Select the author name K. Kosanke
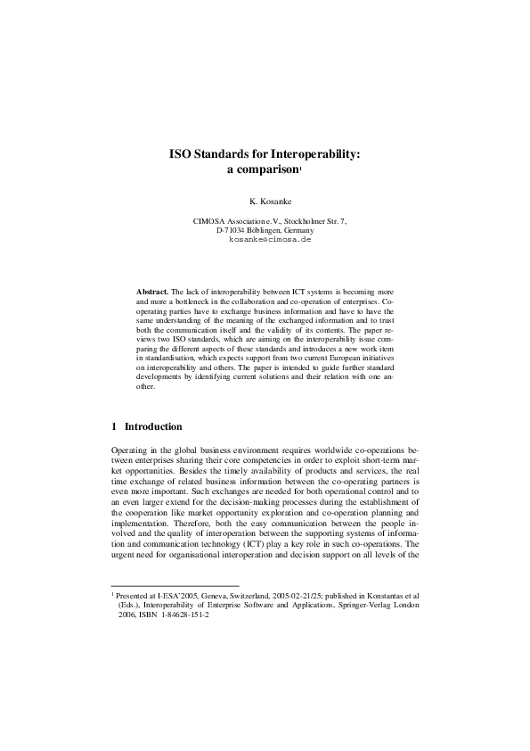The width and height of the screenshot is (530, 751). pyautogui.click(x=265, y=202)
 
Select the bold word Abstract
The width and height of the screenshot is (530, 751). pyautogui.click(x=151, y=291)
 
